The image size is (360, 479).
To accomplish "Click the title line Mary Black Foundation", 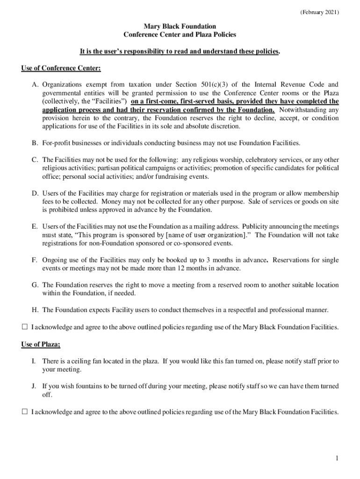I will (x=180, y=27).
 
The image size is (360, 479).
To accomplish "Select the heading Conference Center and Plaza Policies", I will (x=180, y=35).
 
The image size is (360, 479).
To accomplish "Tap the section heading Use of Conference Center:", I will (x=61, y=68).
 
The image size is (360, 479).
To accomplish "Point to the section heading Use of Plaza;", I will (x=41, y=344).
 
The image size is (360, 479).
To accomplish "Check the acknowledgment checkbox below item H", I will (x=24, y=327).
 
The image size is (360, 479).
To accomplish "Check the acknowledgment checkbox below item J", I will (x=24, y=412).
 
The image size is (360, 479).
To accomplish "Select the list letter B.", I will (x=35, y=143).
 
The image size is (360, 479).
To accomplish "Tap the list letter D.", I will (x=35, y=193).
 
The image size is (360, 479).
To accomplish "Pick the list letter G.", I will (x=35, y=285).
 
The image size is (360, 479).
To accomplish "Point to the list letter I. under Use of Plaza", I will (x=34, y=361).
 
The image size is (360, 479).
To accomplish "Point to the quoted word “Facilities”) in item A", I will (x=109, y=101).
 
